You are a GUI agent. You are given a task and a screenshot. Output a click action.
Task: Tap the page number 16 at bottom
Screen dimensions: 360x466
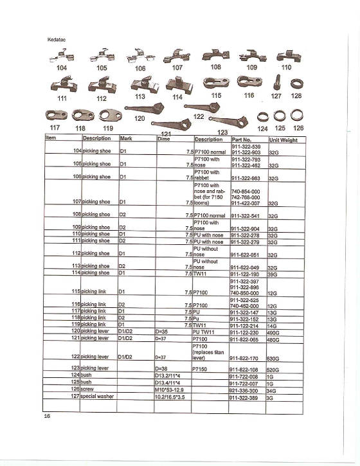pos(47,417)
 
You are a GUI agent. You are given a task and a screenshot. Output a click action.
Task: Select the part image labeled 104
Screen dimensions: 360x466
pos(62,57)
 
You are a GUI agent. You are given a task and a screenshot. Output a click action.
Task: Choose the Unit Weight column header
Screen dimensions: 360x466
pos(285,139)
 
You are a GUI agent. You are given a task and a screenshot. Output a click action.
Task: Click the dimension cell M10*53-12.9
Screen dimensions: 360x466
pos(170,390)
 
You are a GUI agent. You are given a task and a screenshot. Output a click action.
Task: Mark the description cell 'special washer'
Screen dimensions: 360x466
pos(97,397)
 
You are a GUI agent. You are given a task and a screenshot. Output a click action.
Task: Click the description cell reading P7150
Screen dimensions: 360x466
pos(203,370)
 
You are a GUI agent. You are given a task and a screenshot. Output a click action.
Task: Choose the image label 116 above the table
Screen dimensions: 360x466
pos(249,95)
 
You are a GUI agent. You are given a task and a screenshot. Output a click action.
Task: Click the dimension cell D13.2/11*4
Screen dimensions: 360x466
pos(170,375)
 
